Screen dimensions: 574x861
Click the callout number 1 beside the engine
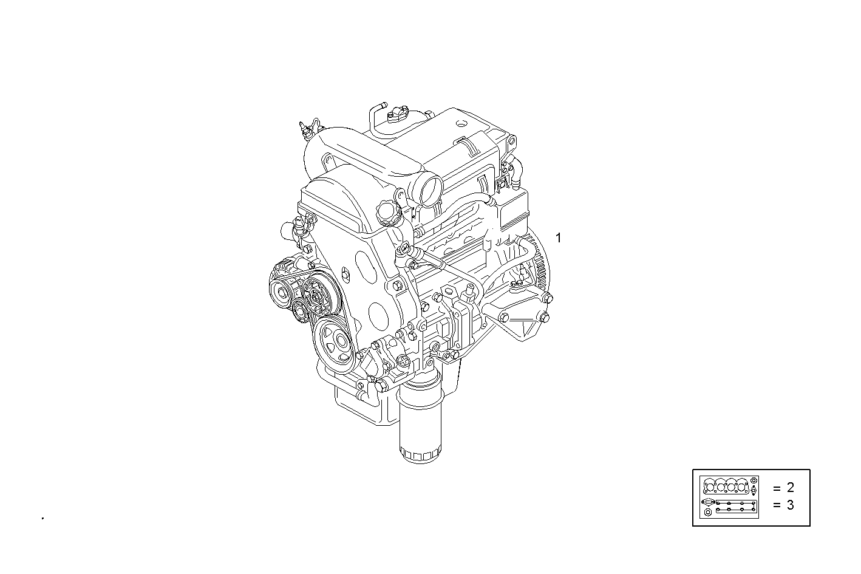tap(559, 237)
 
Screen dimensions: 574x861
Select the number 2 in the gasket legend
tap(790, 487)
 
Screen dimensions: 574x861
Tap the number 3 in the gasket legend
tap(790, 505)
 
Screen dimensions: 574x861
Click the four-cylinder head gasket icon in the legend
tap(726, 487)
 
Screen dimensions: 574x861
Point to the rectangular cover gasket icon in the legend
tap(735, 507)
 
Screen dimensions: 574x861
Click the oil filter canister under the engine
tap(420, 425)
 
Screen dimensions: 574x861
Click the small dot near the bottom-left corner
tap(43, 518)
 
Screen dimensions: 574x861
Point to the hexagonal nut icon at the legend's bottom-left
tap(707, 513)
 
